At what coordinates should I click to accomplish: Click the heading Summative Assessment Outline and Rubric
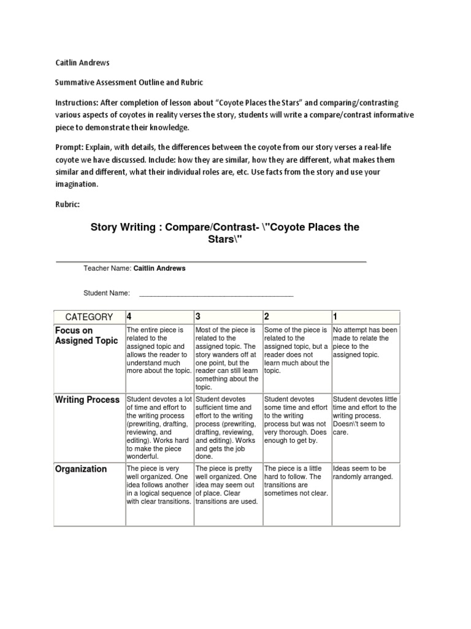(x=128, y=82)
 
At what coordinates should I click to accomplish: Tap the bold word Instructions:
(x=78, y=102)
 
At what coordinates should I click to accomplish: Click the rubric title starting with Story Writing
(x=225, y=233)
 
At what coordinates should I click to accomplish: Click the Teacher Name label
(x=107, y=268)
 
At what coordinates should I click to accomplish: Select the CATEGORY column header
(x=89, y=317)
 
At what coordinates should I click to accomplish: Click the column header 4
(x=129, y=317)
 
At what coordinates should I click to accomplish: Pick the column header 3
(x=198, y=317)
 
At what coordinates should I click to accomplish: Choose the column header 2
(x=267, y=317)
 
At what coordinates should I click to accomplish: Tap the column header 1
(x=335, y=317)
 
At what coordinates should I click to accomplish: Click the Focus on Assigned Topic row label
(x=86, y=335)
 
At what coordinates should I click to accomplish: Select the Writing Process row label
(x=88, y=400)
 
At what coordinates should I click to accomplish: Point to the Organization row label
(x=81, y=469)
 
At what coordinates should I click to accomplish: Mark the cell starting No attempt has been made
(x=365, y=342)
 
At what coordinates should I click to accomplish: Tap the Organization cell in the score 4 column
(x=159, y=485)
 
